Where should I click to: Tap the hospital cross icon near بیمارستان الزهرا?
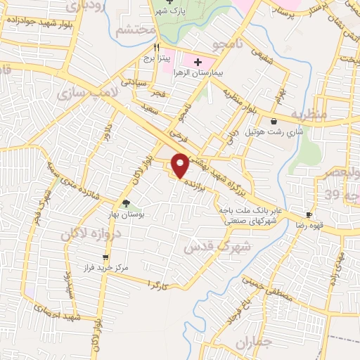tap(198, 63)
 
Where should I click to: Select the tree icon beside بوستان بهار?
tap(125, 203)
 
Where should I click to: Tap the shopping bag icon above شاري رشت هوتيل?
tap(273, 121)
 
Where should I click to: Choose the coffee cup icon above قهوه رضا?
tap(309, 214)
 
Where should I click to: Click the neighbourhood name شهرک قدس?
tap(211, 246)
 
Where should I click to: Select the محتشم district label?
tap(132, 30)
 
